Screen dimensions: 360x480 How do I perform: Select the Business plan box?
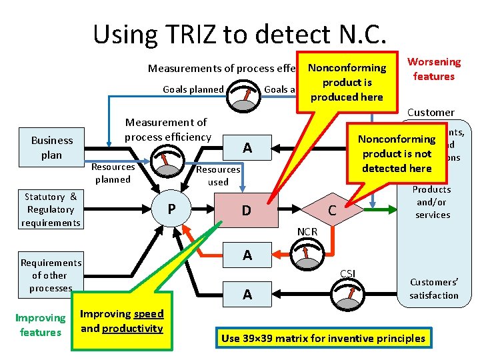pos(52,147)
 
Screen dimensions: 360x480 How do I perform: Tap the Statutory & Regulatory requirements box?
pos(50,209)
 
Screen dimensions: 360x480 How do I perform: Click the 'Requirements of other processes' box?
pos(51,275)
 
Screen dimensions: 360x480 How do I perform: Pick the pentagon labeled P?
pos(171,209)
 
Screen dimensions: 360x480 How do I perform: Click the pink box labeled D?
pos(246,211)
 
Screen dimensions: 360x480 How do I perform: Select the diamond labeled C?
pos(331,211)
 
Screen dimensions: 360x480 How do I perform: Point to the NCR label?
pos(307,231)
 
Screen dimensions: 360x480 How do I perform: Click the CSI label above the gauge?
pos(347,273)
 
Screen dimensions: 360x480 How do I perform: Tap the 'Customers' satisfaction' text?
pos(434,289)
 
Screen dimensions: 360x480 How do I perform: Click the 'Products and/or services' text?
pos(433,202)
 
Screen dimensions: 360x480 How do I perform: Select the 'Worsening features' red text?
pos(433,69)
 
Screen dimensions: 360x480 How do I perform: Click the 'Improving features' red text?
pos(41,325)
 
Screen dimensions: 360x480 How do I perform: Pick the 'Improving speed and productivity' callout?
pos(121,321)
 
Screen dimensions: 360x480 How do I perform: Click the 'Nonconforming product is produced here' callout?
pos(346,83)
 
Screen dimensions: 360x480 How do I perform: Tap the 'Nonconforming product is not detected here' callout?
pos(397,153)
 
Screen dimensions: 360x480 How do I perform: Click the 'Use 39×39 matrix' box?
pos(323,338)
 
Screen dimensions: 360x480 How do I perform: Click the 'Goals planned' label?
pos(193,89)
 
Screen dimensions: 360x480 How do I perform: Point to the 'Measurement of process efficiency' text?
pos(166,129)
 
